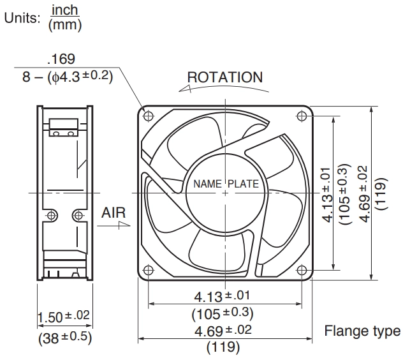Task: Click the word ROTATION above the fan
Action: [x=225, y=77]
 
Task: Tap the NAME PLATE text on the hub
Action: [x=226, y=184]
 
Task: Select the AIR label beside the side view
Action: [x=113, y=213]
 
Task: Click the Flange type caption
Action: [x=362, y=331]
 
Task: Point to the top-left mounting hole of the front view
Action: [x=149, y=116]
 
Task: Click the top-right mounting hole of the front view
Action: [x=302, y=116]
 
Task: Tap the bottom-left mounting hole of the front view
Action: [x=149, y=270]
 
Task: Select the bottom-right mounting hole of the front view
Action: [x=302, y=270]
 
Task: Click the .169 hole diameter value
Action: [x=61, y=59]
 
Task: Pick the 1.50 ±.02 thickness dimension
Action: [x=64, y=317]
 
